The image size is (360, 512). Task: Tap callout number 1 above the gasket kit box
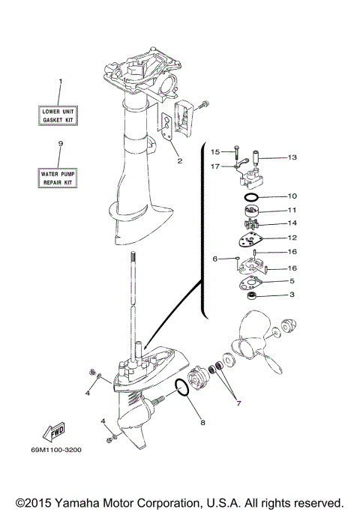(61, 81)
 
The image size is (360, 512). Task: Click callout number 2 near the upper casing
(180, 160)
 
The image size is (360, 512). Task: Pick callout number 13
(292, 157)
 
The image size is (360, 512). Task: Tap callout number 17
(215, 166)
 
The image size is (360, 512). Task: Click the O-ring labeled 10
(253, 196)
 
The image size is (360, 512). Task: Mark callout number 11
(292, 210)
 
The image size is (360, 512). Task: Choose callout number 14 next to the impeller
(292, 223)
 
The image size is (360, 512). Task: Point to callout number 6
(214, 259)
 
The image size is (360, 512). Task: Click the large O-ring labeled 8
(180, 388)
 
